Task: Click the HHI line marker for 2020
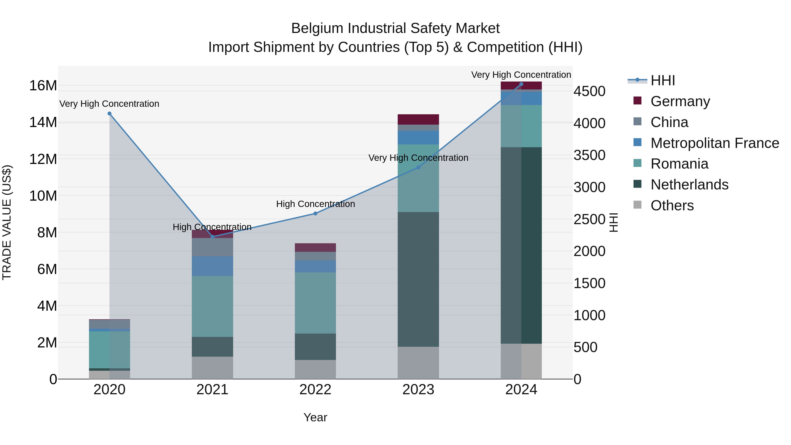[x=109, y=114]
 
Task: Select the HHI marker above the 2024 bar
[x=521, y=84]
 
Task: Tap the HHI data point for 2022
[x=315, y=213]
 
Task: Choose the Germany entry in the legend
[x=680, y=101]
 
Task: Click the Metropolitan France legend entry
[x=714, y=143]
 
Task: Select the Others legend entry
[x=672, y=205]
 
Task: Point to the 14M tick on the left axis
[x=43, y=122]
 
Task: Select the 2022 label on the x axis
[x=315, y=390]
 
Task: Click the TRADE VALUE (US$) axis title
[x=7, y=222]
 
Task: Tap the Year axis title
[x=315, y=417]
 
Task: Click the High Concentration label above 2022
[x=315, y=204]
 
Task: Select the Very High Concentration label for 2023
[x=418, y=158]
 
